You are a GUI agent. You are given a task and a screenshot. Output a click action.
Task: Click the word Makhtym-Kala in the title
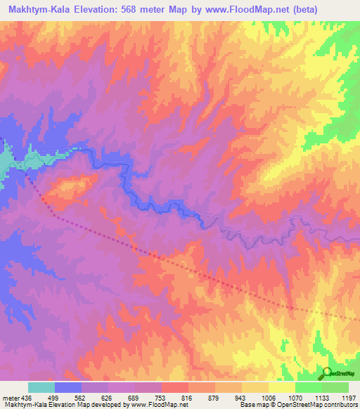pos(41,10)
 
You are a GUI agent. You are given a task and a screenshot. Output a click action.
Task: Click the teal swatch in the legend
pos(41,387)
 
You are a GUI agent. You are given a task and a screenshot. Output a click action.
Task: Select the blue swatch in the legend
pos(68,387)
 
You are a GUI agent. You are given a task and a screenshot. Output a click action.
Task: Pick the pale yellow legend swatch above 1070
pos(282,387)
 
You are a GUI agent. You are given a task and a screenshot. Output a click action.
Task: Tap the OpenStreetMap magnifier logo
pos(327,373)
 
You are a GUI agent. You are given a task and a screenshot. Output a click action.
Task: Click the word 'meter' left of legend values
pos(11,398)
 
